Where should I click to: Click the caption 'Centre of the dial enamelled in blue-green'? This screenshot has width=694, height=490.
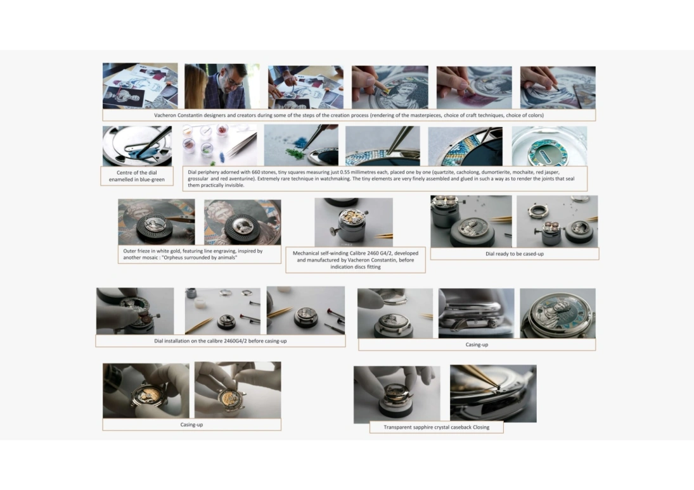click(137, 176)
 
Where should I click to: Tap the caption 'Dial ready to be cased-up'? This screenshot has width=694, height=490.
click(514, 254)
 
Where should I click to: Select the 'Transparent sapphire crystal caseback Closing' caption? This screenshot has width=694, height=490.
click(437, 427)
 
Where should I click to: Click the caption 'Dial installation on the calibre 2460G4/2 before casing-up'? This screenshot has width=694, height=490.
click(221, 341)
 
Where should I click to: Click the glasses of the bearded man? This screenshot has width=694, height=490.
click(232, 82)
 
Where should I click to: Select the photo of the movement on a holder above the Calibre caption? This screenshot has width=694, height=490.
click(354, 222)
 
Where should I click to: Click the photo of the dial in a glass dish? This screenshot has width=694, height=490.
click(549, 146)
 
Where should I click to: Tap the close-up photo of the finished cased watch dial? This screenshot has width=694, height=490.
click(558, 313)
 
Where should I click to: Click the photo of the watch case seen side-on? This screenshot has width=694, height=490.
click(476, 313)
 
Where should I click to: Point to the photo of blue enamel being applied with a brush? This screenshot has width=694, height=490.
click(137, 146)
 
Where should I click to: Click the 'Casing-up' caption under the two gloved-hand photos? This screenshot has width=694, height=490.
click(191, 425)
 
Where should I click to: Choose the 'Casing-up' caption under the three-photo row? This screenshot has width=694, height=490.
click(477, 344)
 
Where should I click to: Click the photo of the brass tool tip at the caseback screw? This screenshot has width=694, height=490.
click(493, 394)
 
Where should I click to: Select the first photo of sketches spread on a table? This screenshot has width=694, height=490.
click(140, 86)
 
